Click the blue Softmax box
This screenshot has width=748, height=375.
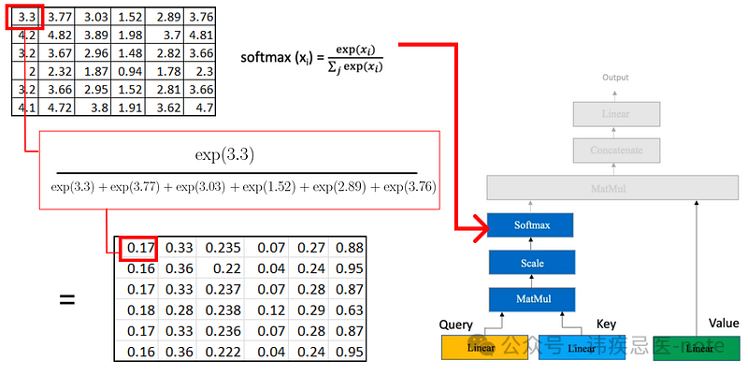pos(530,225)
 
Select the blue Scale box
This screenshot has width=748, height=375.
pos(530,263)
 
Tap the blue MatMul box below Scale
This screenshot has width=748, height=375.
pos(530,299)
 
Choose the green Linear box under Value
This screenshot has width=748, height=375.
pos(698,349)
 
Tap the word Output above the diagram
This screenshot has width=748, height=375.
pos(615,78)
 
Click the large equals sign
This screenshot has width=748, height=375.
pos(66,300)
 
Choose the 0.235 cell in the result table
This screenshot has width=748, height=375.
pos(222,248)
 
